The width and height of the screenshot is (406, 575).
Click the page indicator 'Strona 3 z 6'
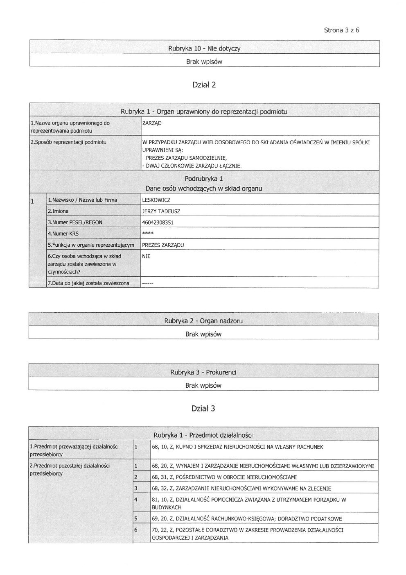point(341,30)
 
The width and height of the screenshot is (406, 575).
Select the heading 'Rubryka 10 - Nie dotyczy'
point(204,48)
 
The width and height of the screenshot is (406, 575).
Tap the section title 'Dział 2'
point(204,85)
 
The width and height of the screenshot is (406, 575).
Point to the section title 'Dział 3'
point(203,408)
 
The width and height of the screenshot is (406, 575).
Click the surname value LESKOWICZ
point(156,200)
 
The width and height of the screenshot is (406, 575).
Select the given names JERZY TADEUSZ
point(161,211)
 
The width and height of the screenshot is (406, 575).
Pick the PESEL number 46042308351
point(158,223)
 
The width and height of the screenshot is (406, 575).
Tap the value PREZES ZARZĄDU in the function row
point(163,245)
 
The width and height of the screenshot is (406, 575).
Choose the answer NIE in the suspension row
point(146,256)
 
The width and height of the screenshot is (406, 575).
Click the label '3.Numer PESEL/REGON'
point(75,223)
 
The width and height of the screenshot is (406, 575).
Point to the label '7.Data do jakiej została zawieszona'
point(88,283)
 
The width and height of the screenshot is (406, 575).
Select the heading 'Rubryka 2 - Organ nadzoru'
point(203,321)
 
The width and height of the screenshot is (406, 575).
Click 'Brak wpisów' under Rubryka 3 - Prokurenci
point(203,385)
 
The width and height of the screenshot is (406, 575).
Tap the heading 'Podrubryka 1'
point(204,179)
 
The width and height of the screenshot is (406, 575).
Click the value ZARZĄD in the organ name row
point(152,123)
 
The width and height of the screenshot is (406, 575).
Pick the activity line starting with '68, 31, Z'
point(224,477)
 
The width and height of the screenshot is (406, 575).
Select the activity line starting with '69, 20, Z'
point(246,519)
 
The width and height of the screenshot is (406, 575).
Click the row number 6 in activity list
point(135,530)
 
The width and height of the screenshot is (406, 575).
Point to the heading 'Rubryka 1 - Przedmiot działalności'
point(203,435)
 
